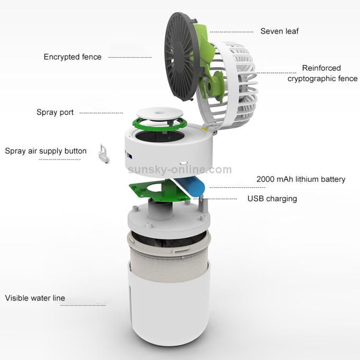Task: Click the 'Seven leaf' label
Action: coord(279,31)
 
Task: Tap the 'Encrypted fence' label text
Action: coord(72,57)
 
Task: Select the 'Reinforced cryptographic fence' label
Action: coord(322,73)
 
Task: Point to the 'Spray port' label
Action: coord(55,112)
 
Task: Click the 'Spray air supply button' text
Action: coord(46,151)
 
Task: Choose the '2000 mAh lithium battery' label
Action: coord(301,179)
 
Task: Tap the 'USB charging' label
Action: coord(272,199)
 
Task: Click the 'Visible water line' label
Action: coord(35,298)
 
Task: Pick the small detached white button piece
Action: coord(104,154)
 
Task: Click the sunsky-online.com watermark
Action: coord(180,169)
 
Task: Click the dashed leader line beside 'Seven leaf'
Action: coord(232,32)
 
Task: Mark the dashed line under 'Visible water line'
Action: coord(83,305)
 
